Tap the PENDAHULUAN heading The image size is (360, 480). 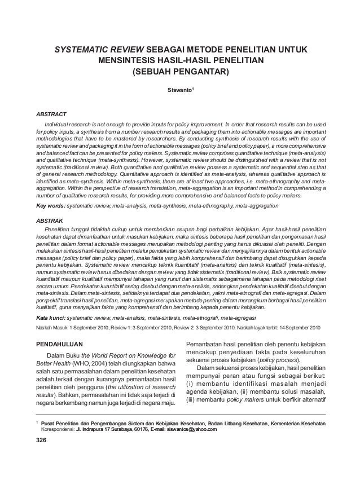click(59, 343)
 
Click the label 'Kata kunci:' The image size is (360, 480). click(52, 318)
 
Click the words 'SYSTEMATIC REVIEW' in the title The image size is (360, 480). click(95, 51)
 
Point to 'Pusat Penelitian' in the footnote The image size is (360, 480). click(60, 422)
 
